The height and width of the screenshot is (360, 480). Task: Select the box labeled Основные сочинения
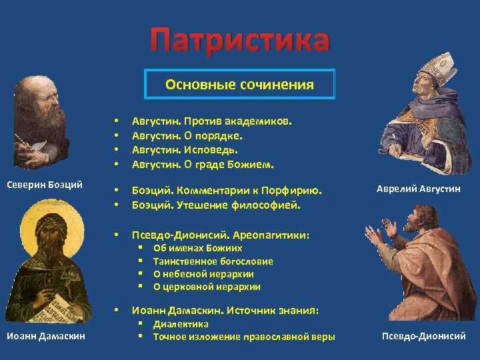pyautogui.click(x=239, y=85)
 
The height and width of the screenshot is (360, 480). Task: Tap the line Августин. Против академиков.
pyautogui.click(x=211, y=122)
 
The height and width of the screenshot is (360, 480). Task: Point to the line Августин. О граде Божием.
pyautogui.click(x=203, y=163)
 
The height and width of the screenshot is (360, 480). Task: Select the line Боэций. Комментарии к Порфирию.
pyautogui.click(x=226, y=191)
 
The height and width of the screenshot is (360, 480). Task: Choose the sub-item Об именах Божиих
pyautogui.click(x=197, y=248)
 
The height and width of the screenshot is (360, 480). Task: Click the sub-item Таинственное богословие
pyautogui.click(x=213, y=261)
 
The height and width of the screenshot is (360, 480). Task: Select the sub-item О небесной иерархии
pyautogui.click(x=203, y=274)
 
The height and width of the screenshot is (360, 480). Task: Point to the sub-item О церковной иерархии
pyautogui.click(x=207, y=287)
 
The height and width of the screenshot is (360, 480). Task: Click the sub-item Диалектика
pyautogui.click(x=181, y=324)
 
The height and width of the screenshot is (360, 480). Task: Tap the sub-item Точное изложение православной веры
pyautogui.click(x=244, y=337)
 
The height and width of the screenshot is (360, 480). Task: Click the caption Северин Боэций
pyautogui.click(x=44, y=184)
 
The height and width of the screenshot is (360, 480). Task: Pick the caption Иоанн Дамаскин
pyautogui.click(x=46, y=336)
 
